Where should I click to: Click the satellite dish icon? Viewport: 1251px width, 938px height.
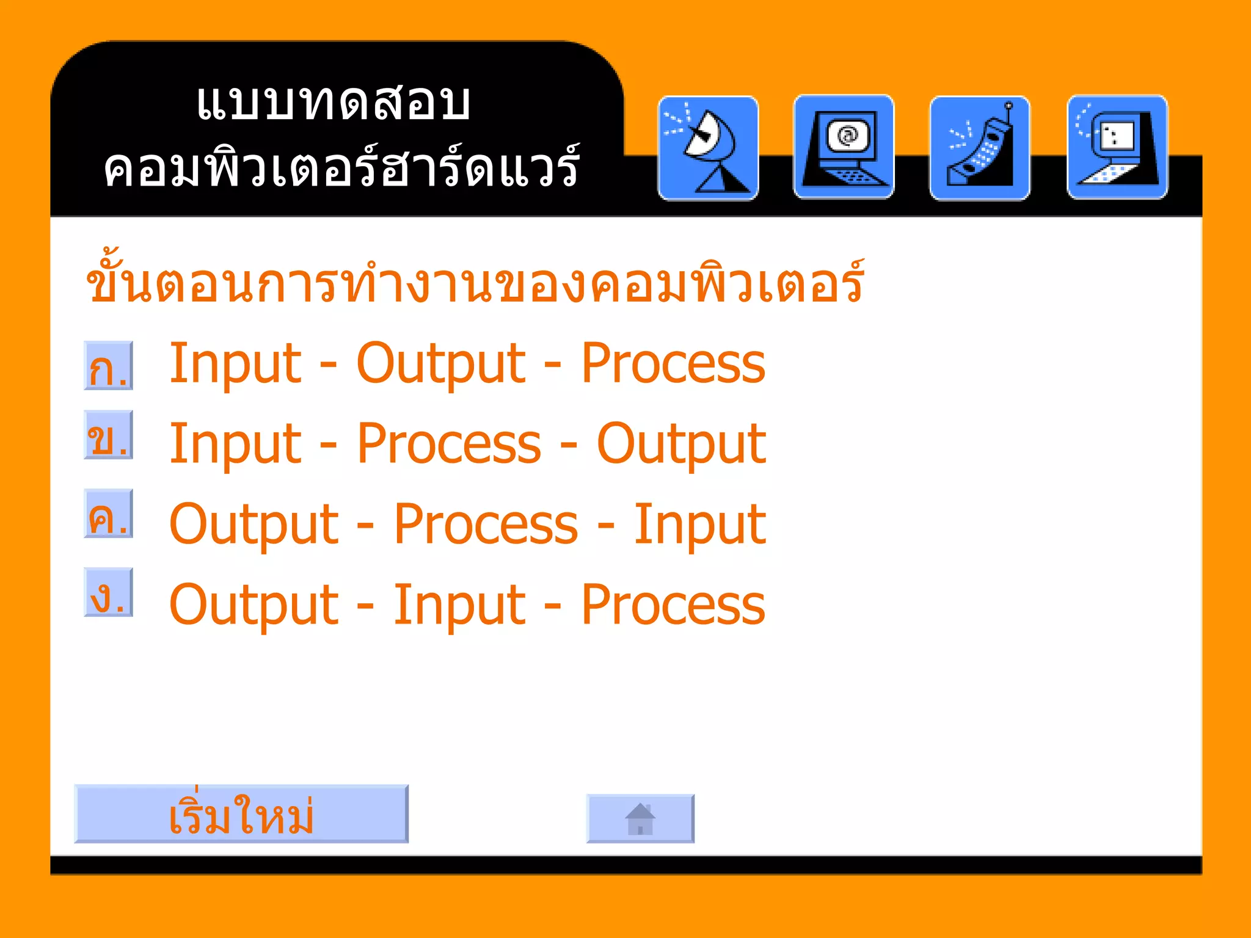pos(708,148)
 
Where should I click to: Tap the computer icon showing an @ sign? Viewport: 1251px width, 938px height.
pos(844,147)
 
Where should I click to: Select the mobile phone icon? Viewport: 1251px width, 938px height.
pos(980,148)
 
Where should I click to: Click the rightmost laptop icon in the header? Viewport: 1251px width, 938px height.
pos(1117,147)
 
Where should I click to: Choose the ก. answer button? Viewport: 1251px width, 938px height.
pos(109,366)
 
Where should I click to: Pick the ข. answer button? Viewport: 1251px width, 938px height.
pos(109,435)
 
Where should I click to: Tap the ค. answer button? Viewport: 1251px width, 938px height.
pos(109,514)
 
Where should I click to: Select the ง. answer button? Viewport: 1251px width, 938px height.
pos(109,592)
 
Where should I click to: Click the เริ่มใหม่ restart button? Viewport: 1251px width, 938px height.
pos(241,814)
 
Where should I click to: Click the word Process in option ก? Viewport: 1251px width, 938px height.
pos(673,364)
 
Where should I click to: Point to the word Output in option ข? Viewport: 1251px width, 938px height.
pos(680,444)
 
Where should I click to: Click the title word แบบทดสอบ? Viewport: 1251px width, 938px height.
pos(334,103)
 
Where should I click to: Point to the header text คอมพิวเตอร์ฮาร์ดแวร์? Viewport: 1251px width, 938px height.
pos(341,168)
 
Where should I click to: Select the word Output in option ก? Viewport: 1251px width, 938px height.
pos(440,364)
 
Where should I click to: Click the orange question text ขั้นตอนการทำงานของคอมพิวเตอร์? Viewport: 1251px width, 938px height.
pos(475,283)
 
